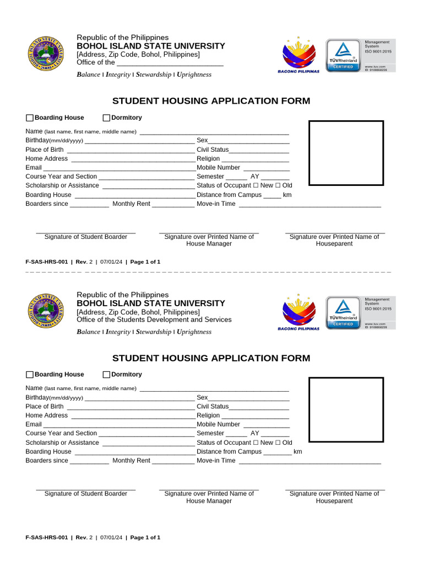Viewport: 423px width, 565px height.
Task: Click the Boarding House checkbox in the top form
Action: tap(30, 118)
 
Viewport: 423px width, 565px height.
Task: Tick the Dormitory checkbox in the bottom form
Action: tap(107, 375)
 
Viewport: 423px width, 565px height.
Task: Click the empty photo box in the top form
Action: tap(346, 153)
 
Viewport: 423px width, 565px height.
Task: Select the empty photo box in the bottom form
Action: tap(346, 410)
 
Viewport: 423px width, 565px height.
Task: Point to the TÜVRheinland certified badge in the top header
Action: tap(343, 55)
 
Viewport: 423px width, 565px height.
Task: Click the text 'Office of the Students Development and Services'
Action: tap(154, 320)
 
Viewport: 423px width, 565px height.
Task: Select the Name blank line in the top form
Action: tap(214, 132)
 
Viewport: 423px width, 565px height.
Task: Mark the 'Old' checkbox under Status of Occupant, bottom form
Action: tap(278, 443)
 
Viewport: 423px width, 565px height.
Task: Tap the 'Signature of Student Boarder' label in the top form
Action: tap(85, 237)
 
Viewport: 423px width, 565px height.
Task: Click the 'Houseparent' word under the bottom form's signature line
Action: tap(334, 501)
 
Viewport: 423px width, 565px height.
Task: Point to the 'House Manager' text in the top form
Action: tap(209, 244)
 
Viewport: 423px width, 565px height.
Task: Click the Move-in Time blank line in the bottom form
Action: tap(309, 461)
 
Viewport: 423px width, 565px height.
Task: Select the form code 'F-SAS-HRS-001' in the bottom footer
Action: tap(46, 537)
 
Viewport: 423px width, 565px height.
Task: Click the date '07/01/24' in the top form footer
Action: tap(111, 262)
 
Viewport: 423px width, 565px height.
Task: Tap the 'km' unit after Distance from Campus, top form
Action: tap(287, 195)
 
